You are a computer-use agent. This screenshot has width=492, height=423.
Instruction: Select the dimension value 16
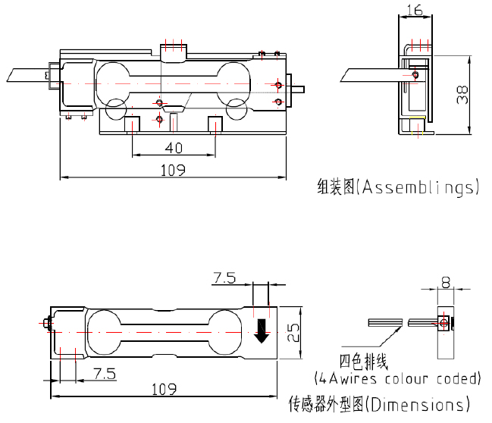[414, 10]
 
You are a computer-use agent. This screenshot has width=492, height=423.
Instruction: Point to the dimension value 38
[463, 94]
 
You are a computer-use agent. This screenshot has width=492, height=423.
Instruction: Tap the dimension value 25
[292, 330]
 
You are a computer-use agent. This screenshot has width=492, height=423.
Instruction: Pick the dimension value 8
[445, 282]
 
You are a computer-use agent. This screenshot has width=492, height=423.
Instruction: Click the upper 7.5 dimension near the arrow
[224, 279]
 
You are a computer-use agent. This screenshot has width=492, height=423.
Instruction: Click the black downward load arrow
[262, 330]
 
